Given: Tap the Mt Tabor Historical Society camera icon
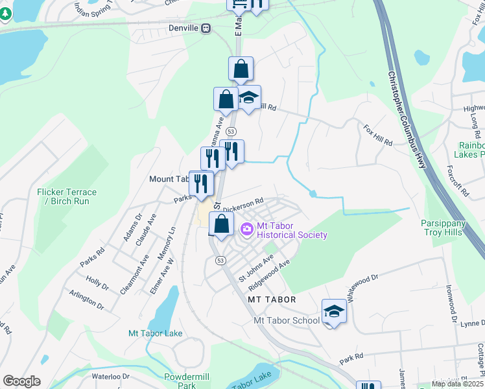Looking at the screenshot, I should [246, 229].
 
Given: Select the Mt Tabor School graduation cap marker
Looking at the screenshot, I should [334, 312].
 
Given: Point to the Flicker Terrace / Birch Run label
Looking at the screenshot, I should [67, 196].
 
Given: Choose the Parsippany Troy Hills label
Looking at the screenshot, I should [449, 228].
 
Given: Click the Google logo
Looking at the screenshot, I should [21, 381].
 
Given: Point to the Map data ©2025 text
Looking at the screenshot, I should [457, 384].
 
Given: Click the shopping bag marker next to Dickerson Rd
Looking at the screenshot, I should [222, 225].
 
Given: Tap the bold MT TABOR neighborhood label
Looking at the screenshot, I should [272, 300].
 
